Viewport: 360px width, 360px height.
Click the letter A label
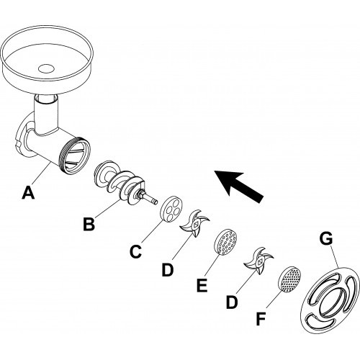[28, 193]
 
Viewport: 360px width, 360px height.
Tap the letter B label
[89, 224]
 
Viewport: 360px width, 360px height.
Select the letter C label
[135, 251]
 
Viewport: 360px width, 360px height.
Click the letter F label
[261, 319]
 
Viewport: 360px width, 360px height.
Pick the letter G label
[326, 238]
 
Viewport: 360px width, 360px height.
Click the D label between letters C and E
[168, 269]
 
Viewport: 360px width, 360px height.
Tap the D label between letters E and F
[232, 302]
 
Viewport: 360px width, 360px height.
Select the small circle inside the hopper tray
[46, 68]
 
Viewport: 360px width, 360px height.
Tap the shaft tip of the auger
[153, 200]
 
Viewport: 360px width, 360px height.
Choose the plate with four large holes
[171, 210]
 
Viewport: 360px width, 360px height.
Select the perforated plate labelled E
[225, 242]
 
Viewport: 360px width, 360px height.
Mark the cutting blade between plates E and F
[258, 261]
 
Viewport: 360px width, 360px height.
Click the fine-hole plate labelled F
[289, 279]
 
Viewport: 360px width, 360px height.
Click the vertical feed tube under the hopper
[46, 113]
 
